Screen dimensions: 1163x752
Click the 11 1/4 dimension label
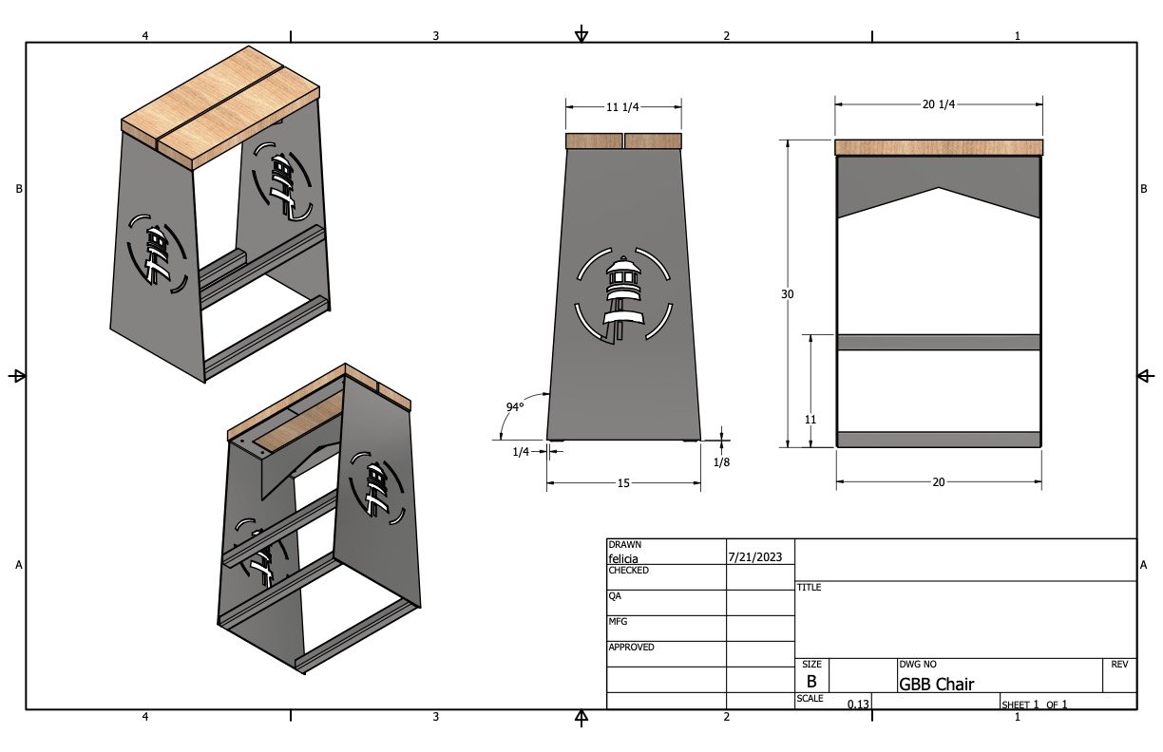pos(622,107)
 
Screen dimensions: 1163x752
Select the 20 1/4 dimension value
pos(939,104)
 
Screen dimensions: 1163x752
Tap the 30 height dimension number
pos(788,294)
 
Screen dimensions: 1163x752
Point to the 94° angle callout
pos(515,407)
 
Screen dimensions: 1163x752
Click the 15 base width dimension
pos(623,483)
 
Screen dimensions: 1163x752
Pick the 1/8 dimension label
pos(721,461)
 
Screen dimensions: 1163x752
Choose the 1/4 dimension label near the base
pos(521,452)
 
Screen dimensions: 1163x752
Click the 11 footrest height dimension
pos(810,420)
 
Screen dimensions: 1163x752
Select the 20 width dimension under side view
pos(939,482)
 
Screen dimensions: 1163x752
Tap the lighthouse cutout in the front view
pos(623,297)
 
